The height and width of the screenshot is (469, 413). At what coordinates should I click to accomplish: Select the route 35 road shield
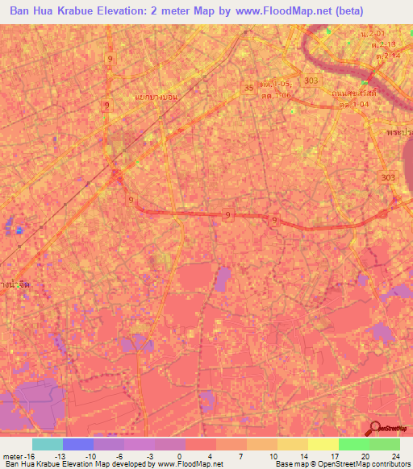[248, 87]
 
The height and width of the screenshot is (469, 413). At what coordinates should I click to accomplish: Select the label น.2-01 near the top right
[373, 35]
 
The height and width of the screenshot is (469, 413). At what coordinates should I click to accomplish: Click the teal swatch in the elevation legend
[47, 444]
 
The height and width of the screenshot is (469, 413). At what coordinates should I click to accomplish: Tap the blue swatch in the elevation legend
[77, 444]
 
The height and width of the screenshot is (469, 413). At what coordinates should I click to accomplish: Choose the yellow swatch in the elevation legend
[292, 444]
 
